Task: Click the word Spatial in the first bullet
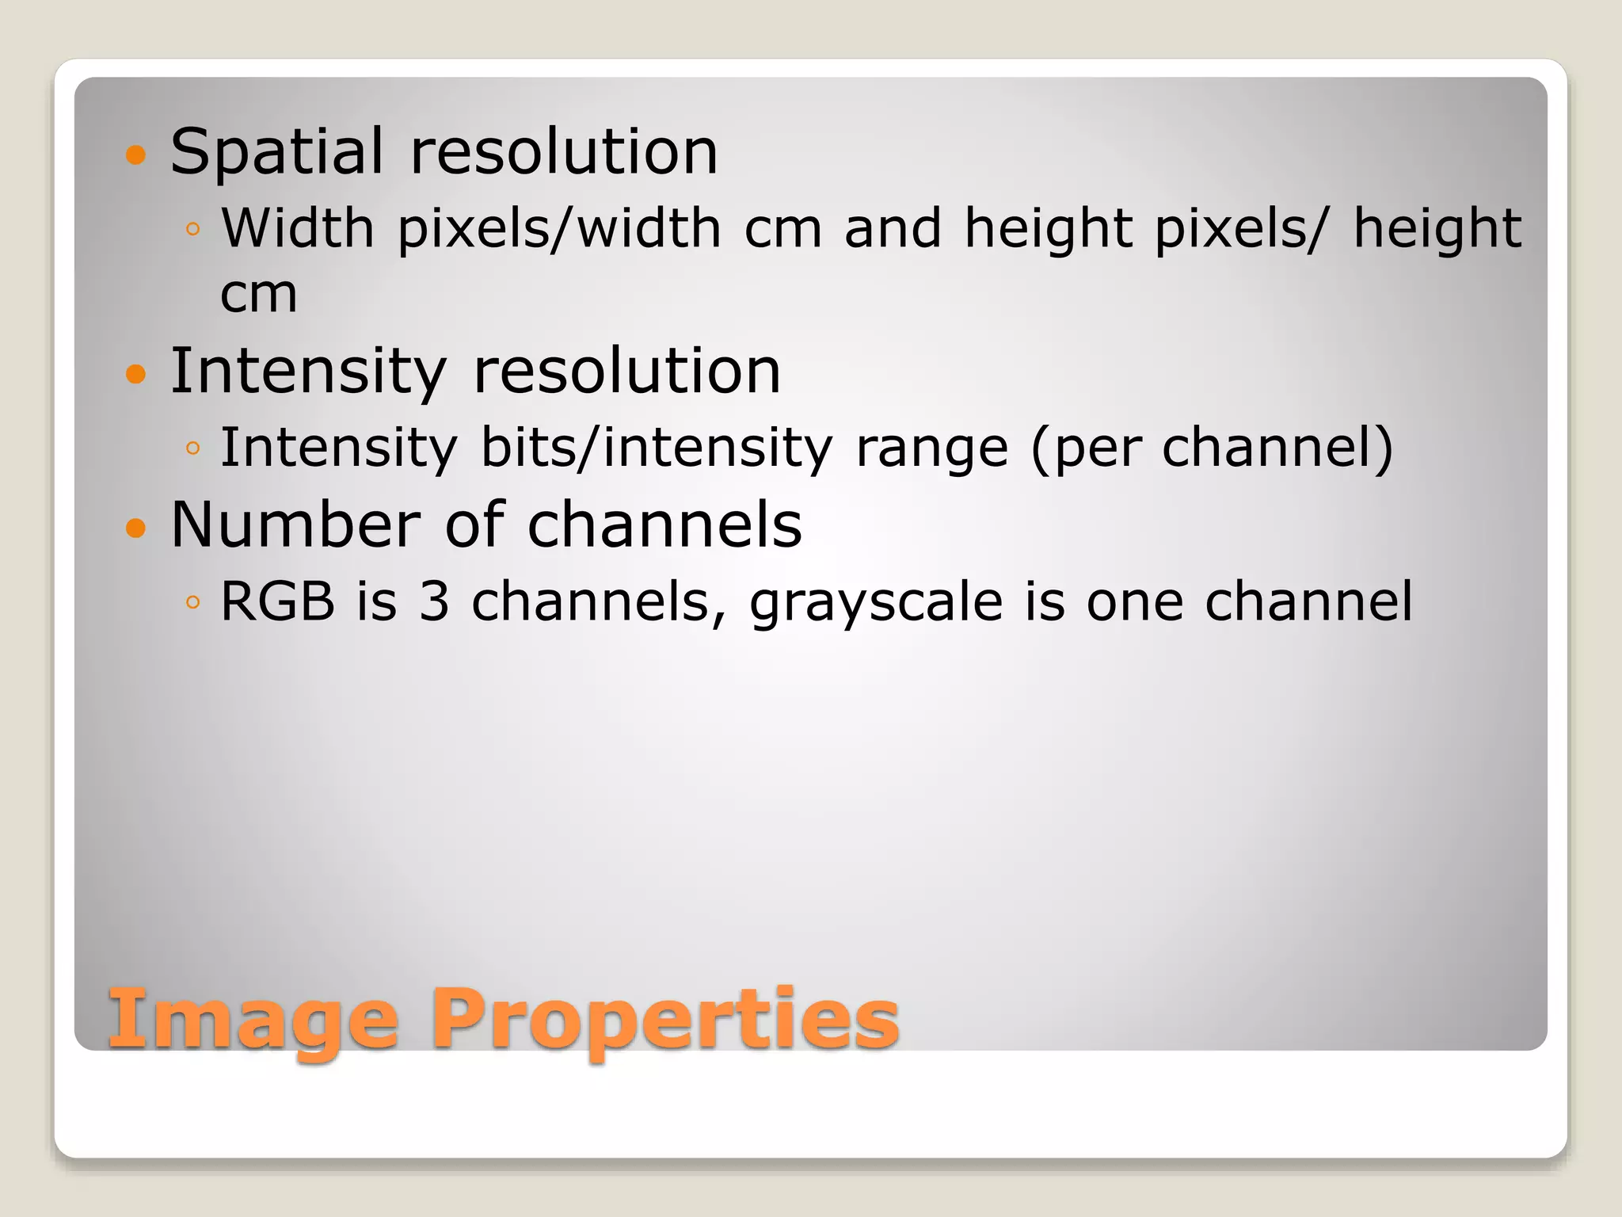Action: click(276, 152)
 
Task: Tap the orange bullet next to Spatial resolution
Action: click(136, 155)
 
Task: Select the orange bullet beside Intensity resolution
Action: click(136, 373)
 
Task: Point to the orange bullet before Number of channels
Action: click(136, 527)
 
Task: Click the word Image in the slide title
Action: click(253, 1021)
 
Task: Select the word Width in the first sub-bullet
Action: click(297, 228)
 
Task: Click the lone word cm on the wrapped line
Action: click(258, 294)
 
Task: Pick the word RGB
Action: click(277, 601)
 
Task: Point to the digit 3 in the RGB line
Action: click(434, 601)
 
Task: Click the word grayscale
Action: click(876, 604)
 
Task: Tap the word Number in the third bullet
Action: click(295, 525)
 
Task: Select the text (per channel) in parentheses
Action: click(1211, 449)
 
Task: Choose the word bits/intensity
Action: click(657, 449)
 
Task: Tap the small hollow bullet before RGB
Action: click(192, 603)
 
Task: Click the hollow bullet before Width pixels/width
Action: click(192, 230)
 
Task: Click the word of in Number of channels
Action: click(474, 525)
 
